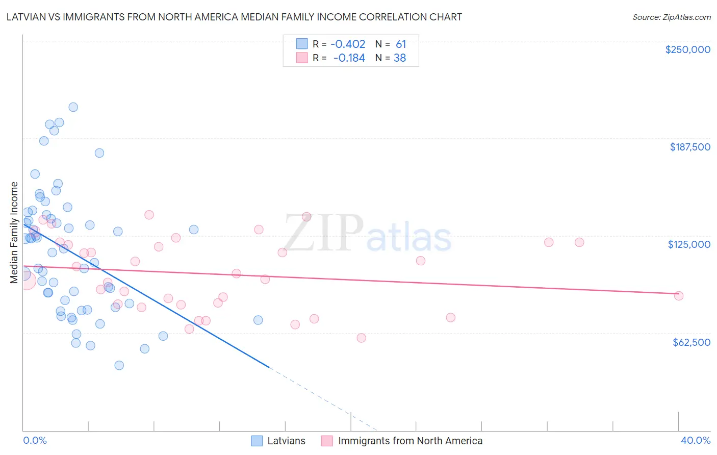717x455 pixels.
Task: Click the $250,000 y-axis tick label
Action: click(x=687, y=49)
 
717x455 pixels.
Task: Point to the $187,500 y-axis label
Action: click(x=689, y=147)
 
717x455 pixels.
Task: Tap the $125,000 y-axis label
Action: click(x=689, y=244)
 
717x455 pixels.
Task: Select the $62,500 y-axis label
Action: click(x=691, y=342)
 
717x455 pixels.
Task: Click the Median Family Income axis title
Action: click(x=14, y=232)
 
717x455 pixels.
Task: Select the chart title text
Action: click(x=234, y=17)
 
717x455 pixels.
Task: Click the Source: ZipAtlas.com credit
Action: click(x=671, y=17)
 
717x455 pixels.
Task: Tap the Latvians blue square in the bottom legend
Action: click(x=257, y=441)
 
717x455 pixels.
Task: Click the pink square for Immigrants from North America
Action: click(x=327, y=441)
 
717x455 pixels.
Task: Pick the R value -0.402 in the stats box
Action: click(x=348, y=44)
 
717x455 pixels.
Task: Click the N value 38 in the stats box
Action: click(x=400, y=58)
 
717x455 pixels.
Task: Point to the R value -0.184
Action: click(x=349, y=58)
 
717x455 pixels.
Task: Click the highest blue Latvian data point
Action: click(x=73, y=107)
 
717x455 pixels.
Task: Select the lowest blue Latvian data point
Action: click(x=119, y=365)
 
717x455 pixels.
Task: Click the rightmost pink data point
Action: click(x=679, y=296)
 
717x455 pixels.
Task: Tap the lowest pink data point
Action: click(x=362, y=338)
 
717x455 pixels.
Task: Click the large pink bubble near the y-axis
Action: click(x=27, y=280)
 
